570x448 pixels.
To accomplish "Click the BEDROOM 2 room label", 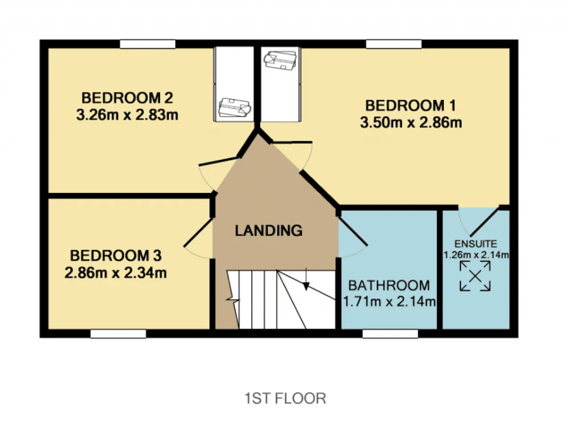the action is coord(127,98).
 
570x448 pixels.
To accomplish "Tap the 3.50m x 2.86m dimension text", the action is coord(411,122).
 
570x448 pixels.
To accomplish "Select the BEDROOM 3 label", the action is coord(116,256).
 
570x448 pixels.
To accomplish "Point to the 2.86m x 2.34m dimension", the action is coord(115,273).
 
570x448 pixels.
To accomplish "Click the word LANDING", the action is coord(269,231).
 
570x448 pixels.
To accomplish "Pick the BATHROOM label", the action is coord(389,285).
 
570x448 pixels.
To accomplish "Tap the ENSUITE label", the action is coord(476,244).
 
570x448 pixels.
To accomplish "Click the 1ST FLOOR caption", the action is coord(285,398).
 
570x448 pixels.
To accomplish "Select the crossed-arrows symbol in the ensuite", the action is coord(475,276).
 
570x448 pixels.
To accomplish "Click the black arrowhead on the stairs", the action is coord(306,286).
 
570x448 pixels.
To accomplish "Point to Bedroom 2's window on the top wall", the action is coord(148,44).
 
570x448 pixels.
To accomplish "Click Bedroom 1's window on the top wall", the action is coord(394,44).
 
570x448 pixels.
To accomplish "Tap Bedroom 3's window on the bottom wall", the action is coord(118,334).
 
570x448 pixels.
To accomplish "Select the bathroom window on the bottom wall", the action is coord(391,334).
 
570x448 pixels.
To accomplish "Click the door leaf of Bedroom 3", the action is coord(198,232).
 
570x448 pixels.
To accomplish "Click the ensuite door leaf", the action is coord(484,222).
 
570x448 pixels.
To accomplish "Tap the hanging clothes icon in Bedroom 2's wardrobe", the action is coord(235,107).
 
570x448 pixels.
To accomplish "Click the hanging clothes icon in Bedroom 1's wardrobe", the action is coord(280,60).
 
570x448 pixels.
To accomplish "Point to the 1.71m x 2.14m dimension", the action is coord(389,301).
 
